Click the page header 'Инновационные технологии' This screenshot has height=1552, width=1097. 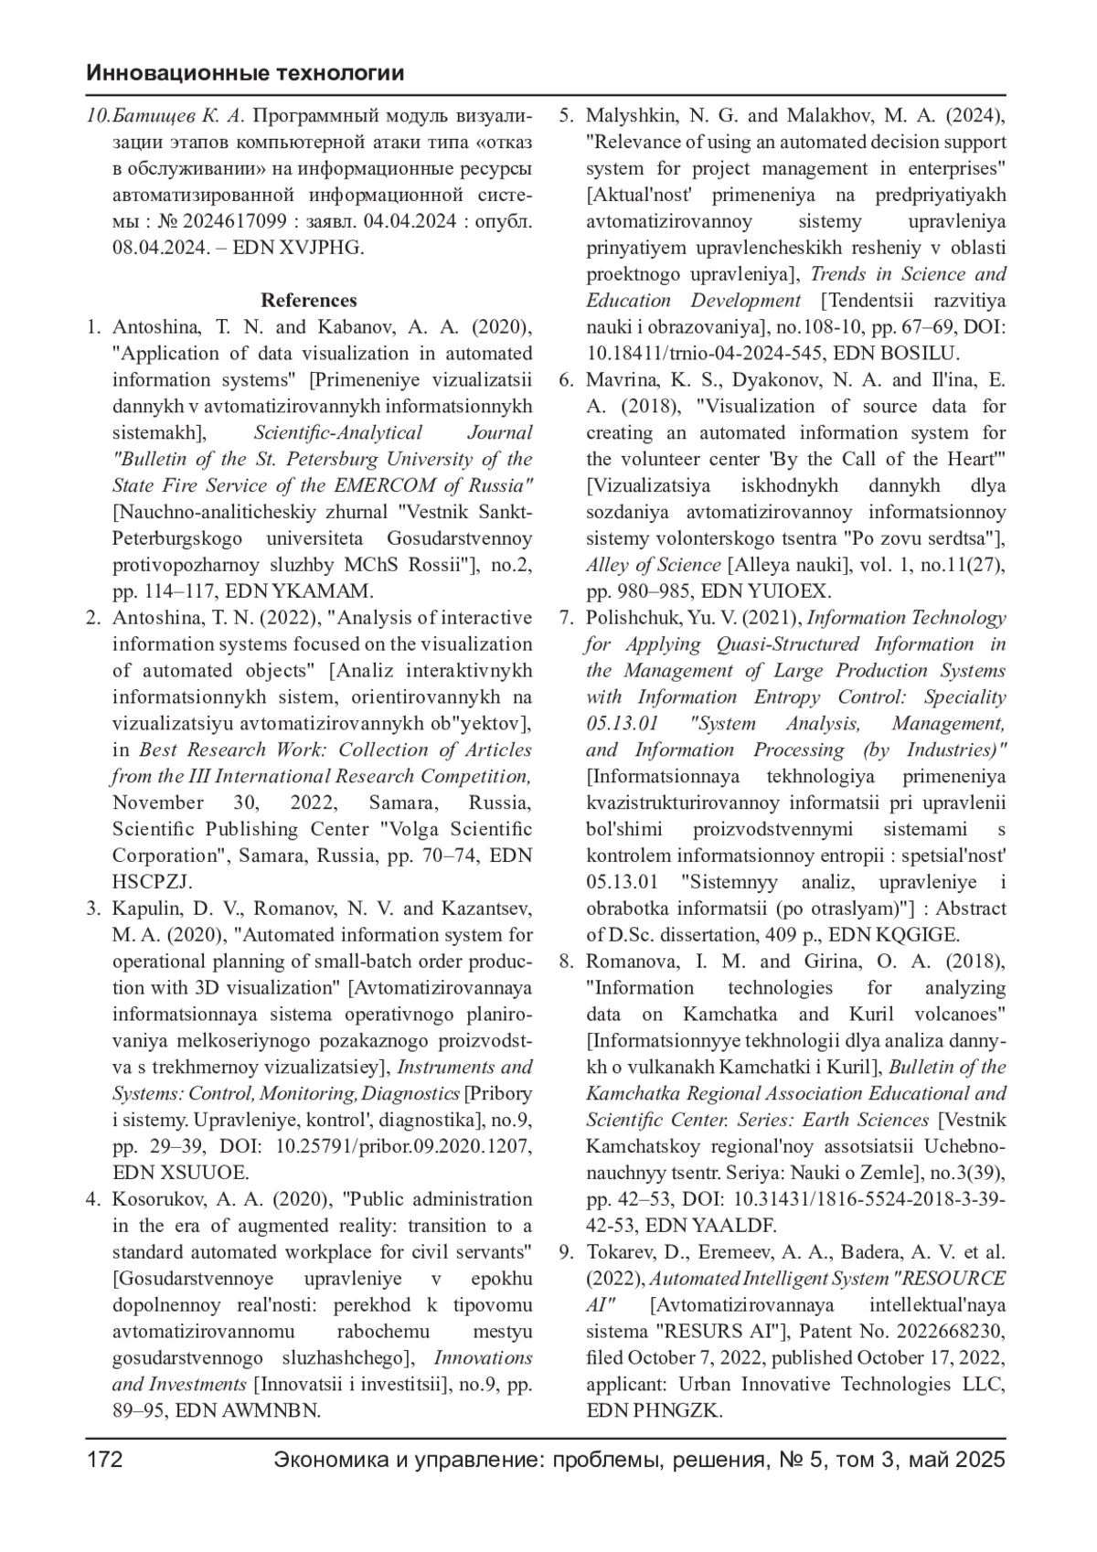pyautogui.click(x=245, y=74)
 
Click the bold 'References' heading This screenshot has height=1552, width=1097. pyautogui.click(x=309, y=301)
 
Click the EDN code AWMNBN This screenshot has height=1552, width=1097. pyautogui.click(x=272, y=1410)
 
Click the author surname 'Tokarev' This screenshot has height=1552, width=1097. pyautogui.click(x=619, y=1252)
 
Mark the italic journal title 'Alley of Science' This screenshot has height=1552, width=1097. pyautogui.click(x=654, y=565)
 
